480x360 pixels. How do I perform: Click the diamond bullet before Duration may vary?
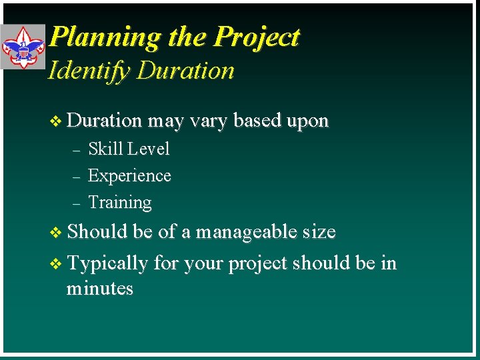55,121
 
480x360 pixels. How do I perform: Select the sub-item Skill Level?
129,149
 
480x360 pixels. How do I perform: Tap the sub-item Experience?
129,176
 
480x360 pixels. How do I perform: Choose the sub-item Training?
120,203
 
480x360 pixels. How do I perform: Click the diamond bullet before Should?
55,233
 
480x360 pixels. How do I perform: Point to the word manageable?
246,233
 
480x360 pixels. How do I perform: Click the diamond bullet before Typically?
55,264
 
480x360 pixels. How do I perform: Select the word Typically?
107,264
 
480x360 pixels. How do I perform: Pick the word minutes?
99,289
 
